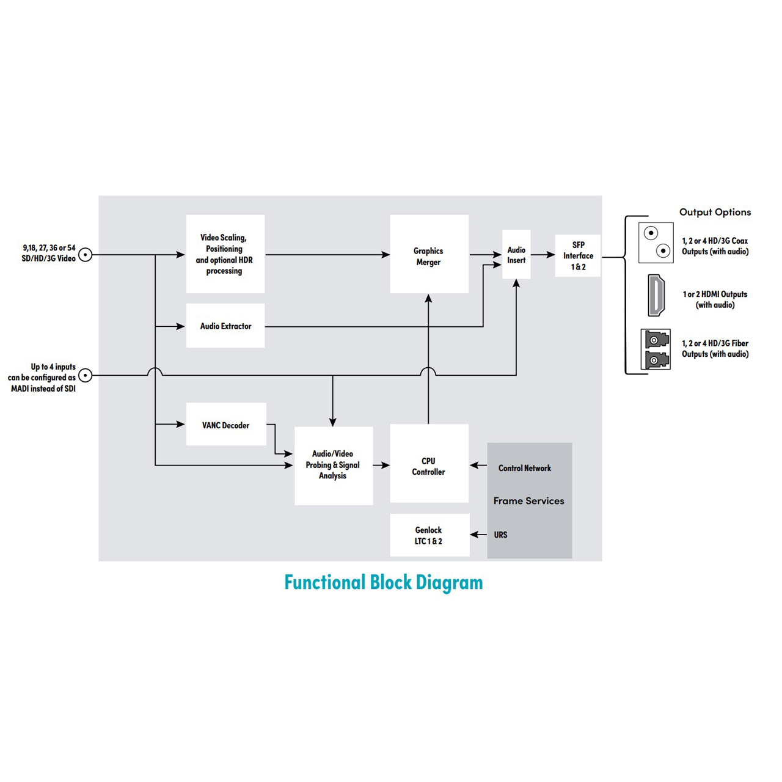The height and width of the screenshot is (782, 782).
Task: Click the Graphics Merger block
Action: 429,254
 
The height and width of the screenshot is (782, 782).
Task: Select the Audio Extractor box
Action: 225,326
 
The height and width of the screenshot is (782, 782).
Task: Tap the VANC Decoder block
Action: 226,425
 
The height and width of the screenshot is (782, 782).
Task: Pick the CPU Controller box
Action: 429,464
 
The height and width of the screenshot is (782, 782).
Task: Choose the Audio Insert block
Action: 516,255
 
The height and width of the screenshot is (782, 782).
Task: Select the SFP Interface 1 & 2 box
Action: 578,255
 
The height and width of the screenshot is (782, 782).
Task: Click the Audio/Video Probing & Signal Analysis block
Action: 334,466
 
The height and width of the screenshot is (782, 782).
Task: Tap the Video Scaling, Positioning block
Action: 225,254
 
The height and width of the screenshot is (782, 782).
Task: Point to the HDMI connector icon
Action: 656,296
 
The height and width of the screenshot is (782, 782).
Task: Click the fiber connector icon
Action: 656,349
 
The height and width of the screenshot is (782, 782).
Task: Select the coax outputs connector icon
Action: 656,243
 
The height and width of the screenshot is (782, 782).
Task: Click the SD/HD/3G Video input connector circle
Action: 86,255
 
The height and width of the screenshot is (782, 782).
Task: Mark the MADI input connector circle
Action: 86,375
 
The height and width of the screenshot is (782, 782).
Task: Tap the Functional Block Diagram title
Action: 384,583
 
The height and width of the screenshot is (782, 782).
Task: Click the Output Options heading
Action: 715,212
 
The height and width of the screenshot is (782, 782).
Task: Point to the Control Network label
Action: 524,469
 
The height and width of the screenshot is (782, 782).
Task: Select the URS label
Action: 500,535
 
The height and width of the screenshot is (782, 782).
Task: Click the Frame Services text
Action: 528,501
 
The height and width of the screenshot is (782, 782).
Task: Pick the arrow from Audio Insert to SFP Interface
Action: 543,255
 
